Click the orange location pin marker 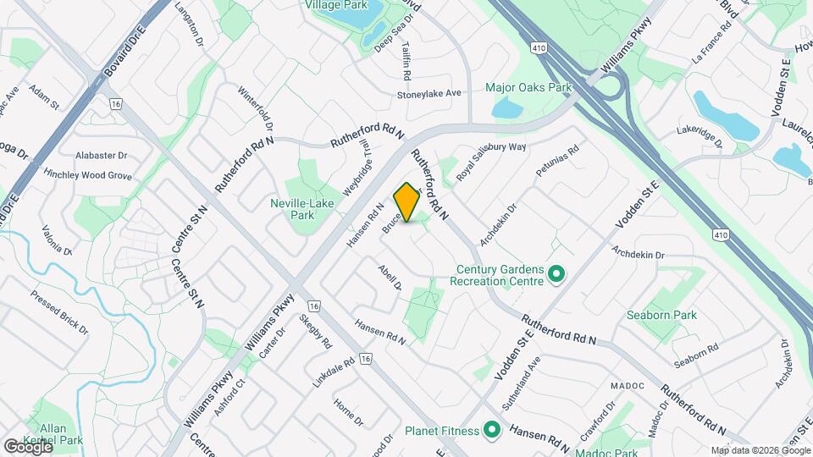tap(407, 201)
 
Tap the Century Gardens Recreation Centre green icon tap(556, 273)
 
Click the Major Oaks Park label tap(528, 87)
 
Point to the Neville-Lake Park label tap(302, 209)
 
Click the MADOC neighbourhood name tap(628, 386)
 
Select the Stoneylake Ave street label tap(429, 94)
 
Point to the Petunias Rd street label tap(556, 162)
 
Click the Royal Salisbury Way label tap(491, 160)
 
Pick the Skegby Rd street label tap(315, 337)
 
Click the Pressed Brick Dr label tap(59, 311)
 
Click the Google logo tap(28, 446)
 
